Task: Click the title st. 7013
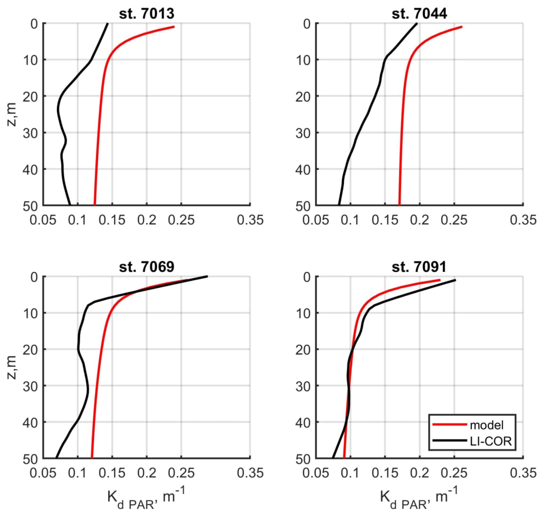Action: [147, 14]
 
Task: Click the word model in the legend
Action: [487, 425]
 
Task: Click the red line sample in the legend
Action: [449, 424]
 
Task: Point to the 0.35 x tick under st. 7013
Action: [250, 221]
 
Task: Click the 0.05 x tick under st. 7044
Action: [316, 221]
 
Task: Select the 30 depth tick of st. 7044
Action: [303, 133]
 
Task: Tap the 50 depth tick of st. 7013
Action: [30, 206]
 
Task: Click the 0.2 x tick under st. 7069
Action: [147, 473]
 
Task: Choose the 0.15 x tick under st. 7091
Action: [385, 473]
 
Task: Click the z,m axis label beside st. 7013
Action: [11, 114]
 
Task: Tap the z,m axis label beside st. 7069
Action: [11, 367]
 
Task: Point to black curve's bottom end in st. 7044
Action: [339, 205]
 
